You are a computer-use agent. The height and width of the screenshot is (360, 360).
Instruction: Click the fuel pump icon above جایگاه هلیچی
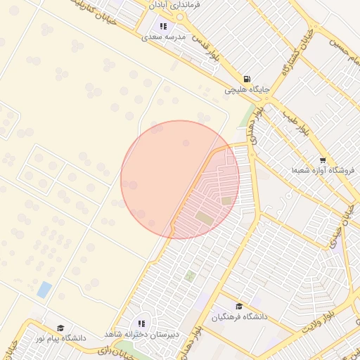pyautogui.click(x=246, y=79)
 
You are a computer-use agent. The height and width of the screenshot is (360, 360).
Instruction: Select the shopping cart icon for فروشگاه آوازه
pyautogui.click(x=323, y=160)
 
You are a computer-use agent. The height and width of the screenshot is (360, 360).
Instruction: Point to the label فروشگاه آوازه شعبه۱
pyautogui.click(x=323, y=171)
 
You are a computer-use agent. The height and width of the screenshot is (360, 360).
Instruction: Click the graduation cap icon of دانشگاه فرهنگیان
pyautogui.click(x=240, y=307)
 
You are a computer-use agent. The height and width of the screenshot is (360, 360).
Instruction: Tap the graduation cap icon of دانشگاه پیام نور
pyautogui.click(x=60, y=328)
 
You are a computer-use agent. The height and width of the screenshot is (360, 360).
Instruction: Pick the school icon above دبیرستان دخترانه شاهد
pyautogui.click(x=141, y=323)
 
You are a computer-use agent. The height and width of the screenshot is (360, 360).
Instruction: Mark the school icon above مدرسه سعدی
pyautogui.click(x=162, y=26)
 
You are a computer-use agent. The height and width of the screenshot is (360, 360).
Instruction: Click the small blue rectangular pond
pyautogui.click(x=44, y=289)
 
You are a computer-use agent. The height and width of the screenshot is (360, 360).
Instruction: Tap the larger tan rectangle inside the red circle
pyautogui.click(x=205, y=218)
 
